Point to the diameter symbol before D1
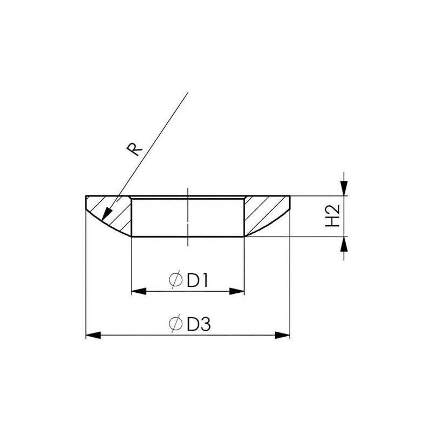point(175,281)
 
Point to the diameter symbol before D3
point(175,324)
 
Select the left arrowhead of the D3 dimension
point(94,336)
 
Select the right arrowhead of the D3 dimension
point(283,336)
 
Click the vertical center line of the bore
point(187,216)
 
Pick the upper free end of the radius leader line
point(187,94)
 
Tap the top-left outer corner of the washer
point(87,196)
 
